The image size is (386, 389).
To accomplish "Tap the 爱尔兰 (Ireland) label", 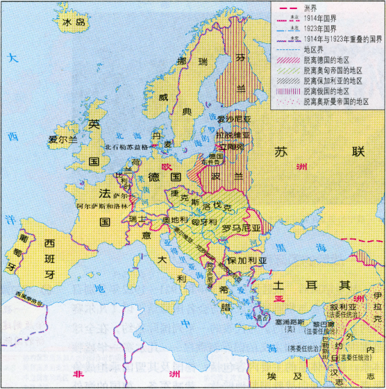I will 63,139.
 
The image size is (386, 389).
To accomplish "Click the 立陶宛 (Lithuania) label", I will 232,146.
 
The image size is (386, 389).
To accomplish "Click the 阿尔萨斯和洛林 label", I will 102,206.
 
